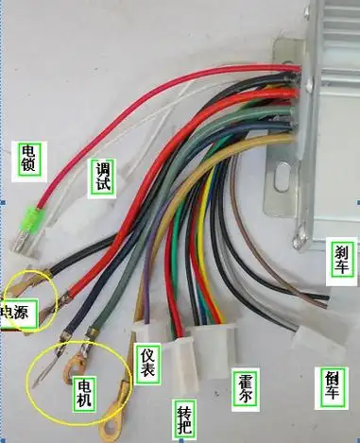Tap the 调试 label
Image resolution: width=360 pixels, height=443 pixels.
[x=104, y=176]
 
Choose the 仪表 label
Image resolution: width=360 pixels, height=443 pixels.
[x=146, y=365]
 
